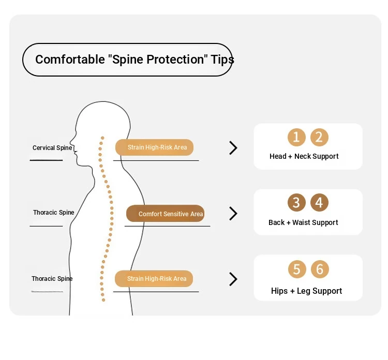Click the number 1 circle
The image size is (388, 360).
pyautogui.click(x=296, y=137)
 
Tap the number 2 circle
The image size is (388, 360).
pyautogui.click(x=319, y=137)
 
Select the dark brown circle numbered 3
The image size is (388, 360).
pyautogui.click(x=296, y=202)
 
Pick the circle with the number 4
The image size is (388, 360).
pyautogui.click(x=319, y=202)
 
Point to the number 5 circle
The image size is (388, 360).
pyautogui.click(x=297, y=269)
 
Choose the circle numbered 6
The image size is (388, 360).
pyautogui.click(x=320, y=269)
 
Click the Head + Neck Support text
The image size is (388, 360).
pyautogui.click(x=304, y=156)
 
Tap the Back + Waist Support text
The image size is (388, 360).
pyautogui.click(x=303, y=222)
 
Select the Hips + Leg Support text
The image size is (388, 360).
pyautogui.click(x=306, y=291)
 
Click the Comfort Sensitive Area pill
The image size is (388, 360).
pyautogui.click(x=166, y=213)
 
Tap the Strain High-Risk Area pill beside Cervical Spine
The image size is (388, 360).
pyautogui.click(x=154, y=147)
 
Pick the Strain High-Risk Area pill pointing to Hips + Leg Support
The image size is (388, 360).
pyautogui.click(x=154, y=279)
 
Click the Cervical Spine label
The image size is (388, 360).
pyautogui.click(x=52, y=148)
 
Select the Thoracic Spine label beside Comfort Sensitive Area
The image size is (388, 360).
pyautogui.click(x=54, y=213)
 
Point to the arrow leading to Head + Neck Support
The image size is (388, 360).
pyautogui.click(x=233, y=148)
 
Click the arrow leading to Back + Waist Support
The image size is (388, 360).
pyautogui.click(x=233, y=214)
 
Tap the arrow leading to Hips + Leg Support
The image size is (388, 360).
pyautogui.click(x=233, y=279)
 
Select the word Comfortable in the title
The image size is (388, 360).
pyautogui.click(x=70, y=59)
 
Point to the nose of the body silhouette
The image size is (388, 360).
pyautogui.click(x=71, y=142)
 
